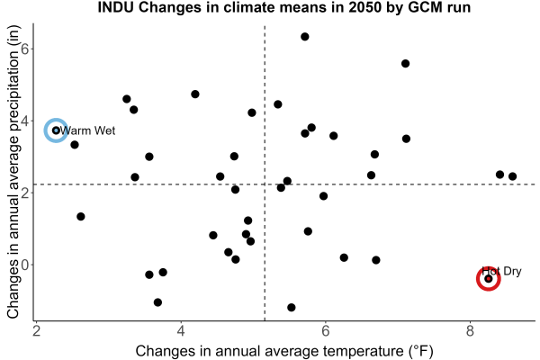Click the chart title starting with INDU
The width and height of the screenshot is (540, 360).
click(x=284, y=7)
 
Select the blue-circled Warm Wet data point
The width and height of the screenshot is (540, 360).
click(x=56, y=130)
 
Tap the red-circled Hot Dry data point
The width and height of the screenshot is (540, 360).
click(x=489, y=279)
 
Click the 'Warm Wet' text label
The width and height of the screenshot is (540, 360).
click(x=87, y=130)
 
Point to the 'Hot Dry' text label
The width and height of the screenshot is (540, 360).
click(x=502, y=271)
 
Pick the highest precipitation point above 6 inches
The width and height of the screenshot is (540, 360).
click(x=305, y=37)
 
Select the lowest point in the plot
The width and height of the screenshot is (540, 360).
click(x=292, y=307)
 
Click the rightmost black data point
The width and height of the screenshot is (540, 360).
click(x=512, y=176)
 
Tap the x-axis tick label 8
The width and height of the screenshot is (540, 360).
click(x=470, y=331)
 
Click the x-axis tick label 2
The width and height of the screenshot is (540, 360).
click(x=36, y=331)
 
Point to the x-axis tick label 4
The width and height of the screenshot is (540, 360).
click(x=181, y=331)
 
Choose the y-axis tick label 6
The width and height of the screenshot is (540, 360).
click(x=25, y=49)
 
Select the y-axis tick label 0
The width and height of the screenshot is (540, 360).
click(x=25, y=265)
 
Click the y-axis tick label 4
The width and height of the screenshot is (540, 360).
click(x=25, y=121)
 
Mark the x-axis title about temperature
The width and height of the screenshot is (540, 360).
click(x=284, y=351)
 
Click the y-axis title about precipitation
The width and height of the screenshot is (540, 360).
click(x=13, y=172)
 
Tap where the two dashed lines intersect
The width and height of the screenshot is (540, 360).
click(x=265, y=184)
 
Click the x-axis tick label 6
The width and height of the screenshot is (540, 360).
click(x=325, y=331)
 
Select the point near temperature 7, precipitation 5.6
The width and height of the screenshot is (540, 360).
click(x=405, y=63)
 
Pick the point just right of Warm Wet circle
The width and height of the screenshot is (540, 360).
click(x=75, y=145)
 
